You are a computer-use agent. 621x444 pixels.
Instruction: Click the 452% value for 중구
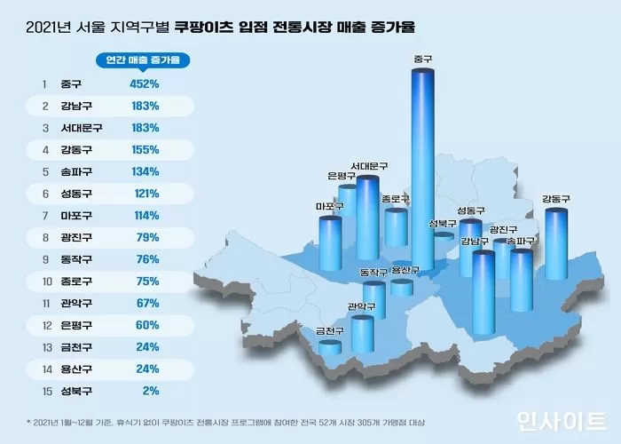click(x=145, y=84)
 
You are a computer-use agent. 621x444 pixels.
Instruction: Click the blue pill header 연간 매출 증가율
click(x=146, y=60)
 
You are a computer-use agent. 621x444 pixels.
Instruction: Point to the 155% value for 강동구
click(x=145, y=149)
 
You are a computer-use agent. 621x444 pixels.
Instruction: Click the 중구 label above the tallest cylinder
click(x=423, y=59)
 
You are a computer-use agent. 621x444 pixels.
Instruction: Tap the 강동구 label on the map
click(x=555, y=199)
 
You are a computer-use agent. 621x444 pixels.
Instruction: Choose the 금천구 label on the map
click(x=330, y=331)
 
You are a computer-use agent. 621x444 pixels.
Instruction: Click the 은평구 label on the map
click(x=341, y=175)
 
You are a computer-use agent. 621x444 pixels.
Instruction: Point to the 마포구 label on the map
click(x=329, y=207)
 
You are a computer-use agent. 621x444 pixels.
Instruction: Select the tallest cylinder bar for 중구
click(x=423, y=169)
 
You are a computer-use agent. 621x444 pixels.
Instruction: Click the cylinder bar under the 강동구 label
click(x=555, y=244)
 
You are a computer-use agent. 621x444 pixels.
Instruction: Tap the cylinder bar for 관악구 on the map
click(x=362, y=333)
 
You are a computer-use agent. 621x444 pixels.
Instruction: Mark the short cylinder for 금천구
click(x=330, y=347)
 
